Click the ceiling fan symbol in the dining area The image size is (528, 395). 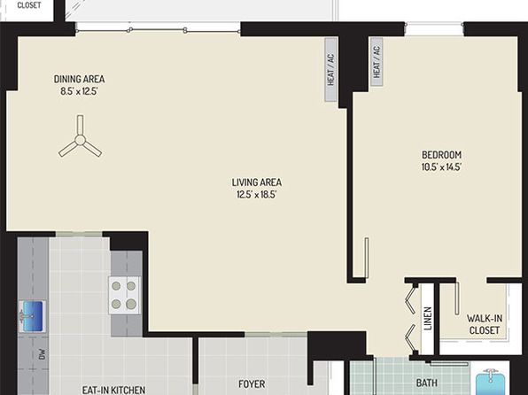[x=80, y=139]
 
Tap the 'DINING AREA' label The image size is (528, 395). [x=79, y=79]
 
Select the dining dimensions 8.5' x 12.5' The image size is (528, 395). [x=79, y=91]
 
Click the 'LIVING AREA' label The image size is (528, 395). [x=257, y=182]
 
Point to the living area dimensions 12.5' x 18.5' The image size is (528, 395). [x=257, y=195]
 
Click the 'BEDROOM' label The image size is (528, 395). [x=441, y=155]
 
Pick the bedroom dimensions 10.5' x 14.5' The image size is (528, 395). [x=441, y=167]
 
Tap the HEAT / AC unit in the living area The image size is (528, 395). [x=331, y=69]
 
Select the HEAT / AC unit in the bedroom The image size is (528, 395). [x=377, y=62]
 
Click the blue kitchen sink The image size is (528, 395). [x=32, y=316]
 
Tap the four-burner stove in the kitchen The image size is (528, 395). [x=124, y=295]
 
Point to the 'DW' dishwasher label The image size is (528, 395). [x=42, y=354]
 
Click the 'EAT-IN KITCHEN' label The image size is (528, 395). [x=113, y=390]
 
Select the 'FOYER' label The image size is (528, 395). [x=252, y=383]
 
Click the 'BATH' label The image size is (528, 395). [x=427, y=383]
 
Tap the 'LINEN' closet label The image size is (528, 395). [x=428, y=319]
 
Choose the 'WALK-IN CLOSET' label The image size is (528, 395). [x=485, y=324]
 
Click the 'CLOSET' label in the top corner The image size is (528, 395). [x=29, y=5]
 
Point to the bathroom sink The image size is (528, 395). [x=491, y=383]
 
